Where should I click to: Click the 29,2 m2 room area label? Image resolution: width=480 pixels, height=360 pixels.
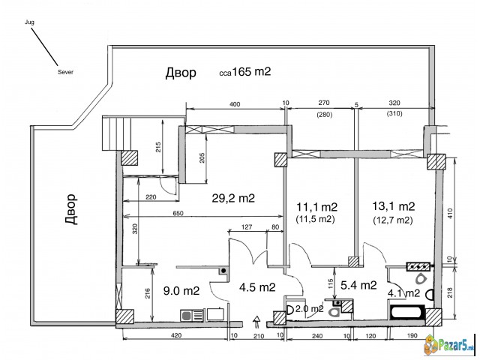pyautogui.click(x=233, y=198)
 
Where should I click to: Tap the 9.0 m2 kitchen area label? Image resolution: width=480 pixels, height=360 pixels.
pyautogui.click(x=181, y=290)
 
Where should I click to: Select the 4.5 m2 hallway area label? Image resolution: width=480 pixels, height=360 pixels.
pyautogui.click(x=257, y=287)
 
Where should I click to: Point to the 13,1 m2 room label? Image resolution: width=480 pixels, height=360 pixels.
pyautogui.click(x=393, y=206)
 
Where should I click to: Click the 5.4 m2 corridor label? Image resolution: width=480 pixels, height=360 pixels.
pyautogui.click(x=358, y=285)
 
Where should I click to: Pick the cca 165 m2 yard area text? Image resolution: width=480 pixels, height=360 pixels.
pyautogui.click(x=245, y=72)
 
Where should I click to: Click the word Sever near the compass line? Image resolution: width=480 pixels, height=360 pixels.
pyautogui.click(x=65, y=72)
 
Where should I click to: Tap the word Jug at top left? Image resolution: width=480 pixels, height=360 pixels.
pyautogui.click(x=29, y=22)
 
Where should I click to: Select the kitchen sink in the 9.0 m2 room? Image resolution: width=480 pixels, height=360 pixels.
pyautogui.click(x=192, y=315)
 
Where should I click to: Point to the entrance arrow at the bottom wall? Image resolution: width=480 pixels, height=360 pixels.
pyautogui.click(x=256, y=322)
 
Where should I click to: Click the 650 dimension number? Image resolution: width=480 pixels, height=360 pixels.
pyautogui.click(x=178, y=213)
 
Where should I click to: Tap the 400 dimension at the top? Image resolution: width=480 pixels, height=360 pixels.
pyautogui.click(x=235, y=104)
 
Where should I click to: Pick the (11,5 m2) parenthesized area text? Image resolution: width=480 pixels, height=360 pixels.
pyautogui.click(x=315, y=219)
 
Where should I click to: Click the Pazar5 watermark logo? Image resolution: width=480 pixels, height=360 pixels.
pyautogui.click(x=450, y=346)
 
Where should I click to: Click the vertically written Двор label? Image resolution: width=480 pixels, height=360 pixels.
pyautogui.click(x=71, y=209)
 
